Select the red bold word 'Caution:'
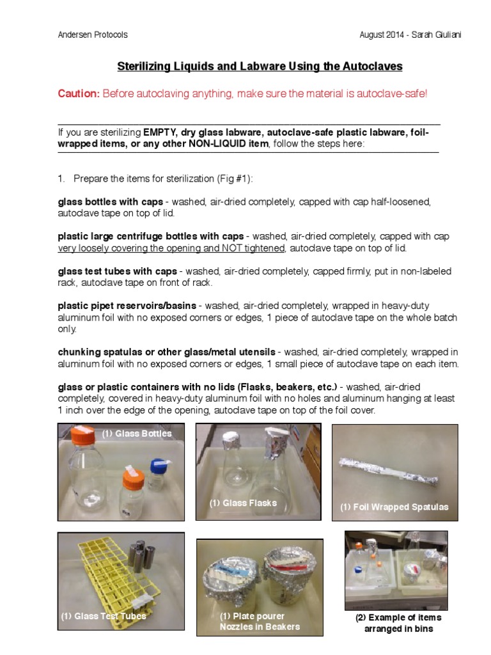click(79, 93)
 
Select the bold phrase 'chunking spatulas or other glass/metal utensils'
click(167, 352)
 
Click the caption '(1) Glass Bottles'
click(137, 434)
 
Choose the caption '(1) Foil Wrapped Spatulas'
click(394, 507)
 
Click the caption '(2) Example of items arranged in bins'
click(398, 623)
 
